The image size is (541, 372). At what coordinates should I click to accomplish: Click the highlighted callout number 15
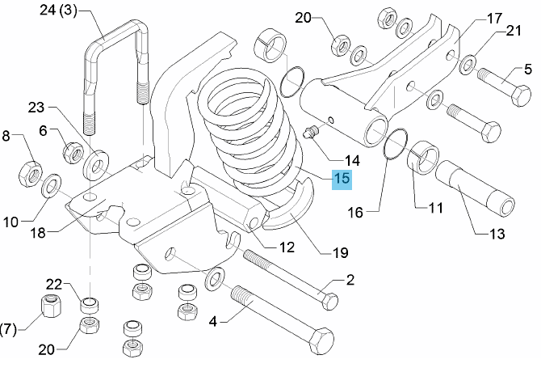(342, 180)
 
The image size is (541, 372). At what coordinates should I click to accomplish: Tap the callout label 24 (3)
(58, 10)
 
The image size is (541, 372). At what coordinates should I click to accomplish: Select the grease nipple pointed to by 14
(312, 133)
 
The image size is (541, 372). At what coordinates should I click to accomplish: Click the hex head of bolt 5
(520, 95)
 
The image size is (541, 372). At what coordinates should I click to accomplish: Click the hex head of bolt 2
(329, 301)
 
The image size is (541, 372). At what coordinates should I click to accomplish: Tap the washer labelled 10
(51, 186)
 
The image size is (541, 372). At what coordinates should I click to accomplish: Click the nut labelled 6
(73, 152)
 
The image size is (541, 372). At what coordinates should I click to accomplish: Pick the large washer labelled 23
(96, 165)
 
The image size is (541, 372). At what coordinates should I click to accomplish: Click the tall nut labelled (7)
(51, 306)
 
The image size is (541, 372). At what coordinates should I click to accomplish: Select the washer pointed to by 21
(468, 64)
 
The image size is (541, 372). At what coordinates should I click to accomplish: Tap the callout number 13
(497, 234)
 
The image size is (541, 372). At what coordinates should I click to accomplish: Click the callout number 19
(340, 253)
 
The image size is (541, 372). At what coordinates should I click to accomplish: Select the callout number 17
(494, 18)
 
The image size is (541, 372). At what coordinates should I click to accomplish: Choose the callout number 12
(287, 247)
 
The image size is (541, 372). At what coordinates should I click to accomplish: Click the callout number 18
(38, 233)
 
